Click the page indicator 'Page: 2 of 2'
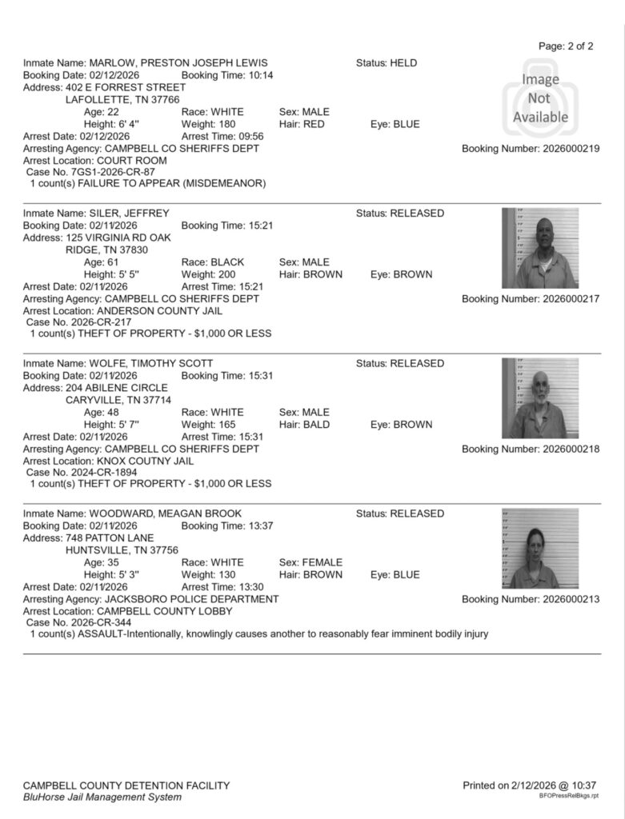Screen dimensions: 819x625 pos(566,46)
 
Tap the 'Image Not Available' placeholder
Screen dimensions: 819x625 pos(540,97)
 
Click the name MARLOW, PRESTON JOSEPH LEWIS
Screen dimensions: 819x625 pos(178,63)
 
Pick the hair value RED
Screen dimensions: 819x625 pos(313,125)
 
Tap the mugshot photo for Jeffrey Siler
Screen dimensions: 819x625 pos(540,248)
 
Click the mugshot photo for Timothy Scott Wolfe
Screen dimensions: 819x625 pos(540,398)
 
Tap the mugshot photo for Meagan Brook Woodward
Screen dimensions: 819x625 pos(540,549)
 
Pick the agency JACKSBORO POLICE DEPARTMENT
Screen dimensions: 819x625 pos(192,599)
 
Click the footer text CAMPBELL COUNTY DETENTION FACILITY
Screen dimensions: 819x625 pos(126,785)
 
